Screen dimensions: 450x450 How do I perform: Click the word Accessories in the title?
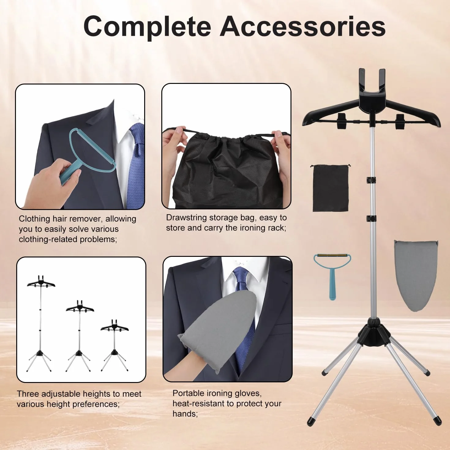pos(303,26)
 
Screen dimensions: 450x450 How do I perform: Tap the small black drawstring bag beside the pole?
pos(330,188)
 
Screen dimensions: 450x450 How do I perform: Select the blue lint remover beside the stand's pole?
pos(332,276)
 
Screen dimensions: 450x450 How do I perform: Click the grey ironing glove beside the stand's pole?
pos(416,275)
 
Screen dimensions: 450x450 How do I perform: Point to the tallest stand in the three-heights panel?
pos(41,324)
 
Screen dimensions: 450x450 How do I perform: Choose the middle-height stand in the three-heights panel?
pos(79,336)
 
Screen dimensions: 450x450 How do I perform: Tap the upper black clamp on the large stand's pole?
pos(371,180)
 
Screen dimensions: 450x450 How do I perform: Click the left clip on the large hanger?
pos(341,121)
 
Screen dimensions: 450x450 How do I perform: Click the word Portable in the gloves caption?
pos(188,393)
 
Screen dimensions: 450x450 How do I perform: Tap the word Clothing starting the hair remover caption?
pos(34,219)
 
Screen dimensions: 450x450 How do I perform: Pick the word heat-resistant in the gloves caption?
pos(203,404)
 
